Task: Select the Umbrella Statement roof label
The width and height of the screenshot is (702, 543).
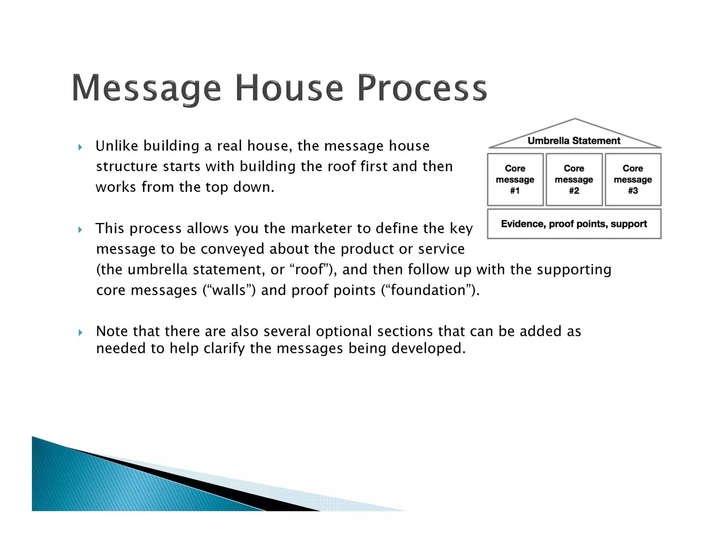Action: tap(574, 141)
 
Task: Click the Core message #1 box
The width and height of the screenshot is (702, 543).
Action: tap(515, 180)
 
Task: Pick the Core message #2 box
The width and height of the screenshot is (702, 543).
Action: tap(574, 180)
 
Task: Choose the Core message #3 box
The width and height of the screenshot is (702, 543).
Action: tap(633, 180)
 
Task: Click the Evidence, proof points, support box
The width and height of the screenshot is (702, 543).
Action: tap(574, 224)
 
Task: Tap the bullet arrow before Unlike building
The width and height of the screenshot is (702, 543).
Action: tap(80, 148)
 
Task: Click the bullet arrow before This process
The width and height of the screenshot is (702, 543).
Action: tap(80, 230)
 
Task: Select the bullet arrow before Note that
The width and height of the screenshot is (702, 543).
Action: tap(80, 332)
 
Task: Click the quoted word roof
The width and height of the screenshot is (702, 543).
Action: tap(309, 270)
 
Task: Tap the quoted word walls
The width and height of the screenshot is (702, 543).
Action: tap(229, 290)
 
